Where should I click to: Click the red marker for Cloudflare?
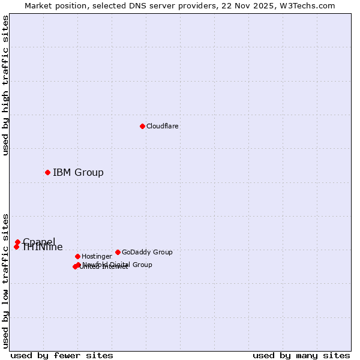pos(142,126)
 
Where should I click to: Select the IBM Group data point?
pos(47,172)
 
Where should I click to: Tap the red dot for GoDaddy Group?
pos(118,252)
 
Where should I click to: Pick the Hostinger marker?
pos(77,256)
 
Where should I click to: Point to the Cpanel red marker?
pos(17,242)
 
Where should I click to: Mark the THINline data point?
pos(16,247)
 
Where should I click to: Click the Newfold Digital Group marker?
pos(79,265)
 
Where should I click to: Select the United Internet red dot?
pos(75,266)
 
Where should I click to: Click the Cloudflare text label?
pos(162,126)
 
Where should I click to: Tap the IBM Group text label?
pos(78,172)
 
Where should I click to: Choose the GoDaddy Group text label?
pos(147,252)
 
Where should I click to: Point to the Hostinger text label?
pos(97,256)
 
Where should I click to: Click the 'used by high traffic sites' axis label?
pos(5,85)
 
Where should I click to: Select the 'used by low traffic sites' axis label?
pos(5,280)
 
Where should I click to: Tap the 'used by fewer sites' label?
pos(62,355)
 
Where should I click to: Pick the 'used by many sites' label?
pos(301,355)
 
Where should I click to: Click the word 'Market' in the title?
pos(39,5)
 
